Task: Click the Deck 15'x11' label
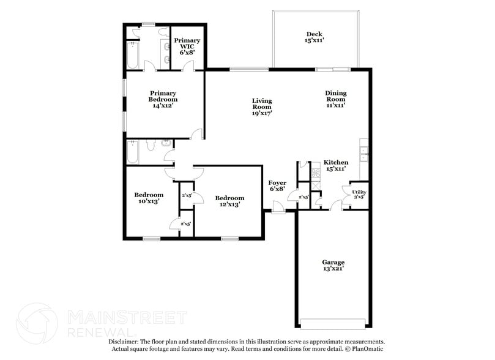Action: tap(314, 37)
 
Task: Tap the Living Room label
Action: tap(262, 107)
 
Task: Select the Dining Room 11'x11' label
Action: tap(335, 99)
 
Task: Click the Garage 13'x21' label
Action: tap(333, 266)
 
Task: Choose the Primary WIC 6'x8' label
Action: tap(187, 47)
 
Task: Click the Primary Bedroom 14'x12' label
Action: tap(163, 99)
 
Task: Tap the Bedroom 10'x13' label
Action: tap(149, 198)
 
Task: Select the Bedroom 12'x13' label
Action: tap(229, 201)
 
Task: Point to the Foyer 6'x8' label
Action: tap(277, 186)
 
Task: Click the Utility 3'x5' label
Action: tap(359, 195)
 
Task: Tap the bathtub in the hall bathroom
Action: tap(133, 152)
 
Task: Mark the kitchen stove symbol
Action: tap(316, 173)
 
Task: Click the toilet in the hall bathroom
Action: tap(165, 144)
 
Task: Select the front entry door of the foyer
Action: tap(278, 211)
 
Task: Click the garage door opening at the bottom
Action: tap(334, 323)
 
